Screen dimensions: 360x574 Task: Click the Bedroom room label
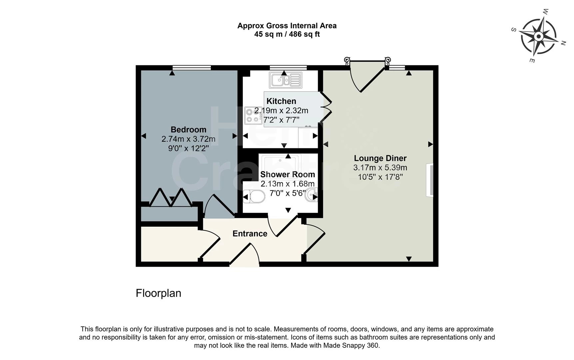[x=188, y=130]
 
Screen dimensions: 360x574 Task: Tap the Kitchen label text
[x=281, y=101]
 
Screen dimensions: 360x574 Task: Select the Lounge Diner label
[x=380, y=158]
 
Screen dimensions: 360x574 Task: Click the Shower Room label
[x=287, y=174]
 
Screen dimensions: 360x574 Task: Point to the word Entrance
[x=250, y=234]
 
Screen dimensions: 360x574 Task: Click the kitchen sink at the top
[x=286, y=80]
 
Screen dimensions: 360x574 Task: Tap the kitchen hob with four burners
[x=253, y=115]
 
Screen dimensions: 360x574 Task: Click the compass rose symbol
[x=538, y=36]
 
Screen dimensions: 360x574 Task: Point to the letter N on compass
[x=563, y=43]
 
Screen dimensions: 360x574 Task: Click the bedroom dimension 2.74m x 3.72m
[x=188, y=139]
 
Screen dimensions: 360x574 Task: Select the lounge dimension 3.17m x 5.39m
[x=380, y=168]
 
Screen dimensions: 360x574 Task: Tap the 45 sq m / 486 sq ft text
[x=287, y=34]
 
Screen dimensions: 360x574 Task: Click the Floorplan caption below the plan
[x=159, y=293]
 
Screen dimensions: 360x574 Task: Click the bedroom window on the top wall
[x=192, y=68]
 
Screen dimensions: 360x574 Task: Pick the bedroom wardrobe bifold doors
[x=171, y=198]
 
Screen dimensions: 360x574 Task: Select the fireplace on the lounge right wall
[x=430, y=180]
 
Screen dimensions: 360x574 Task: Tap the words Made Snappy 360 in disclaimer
[x=351, y=346]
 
